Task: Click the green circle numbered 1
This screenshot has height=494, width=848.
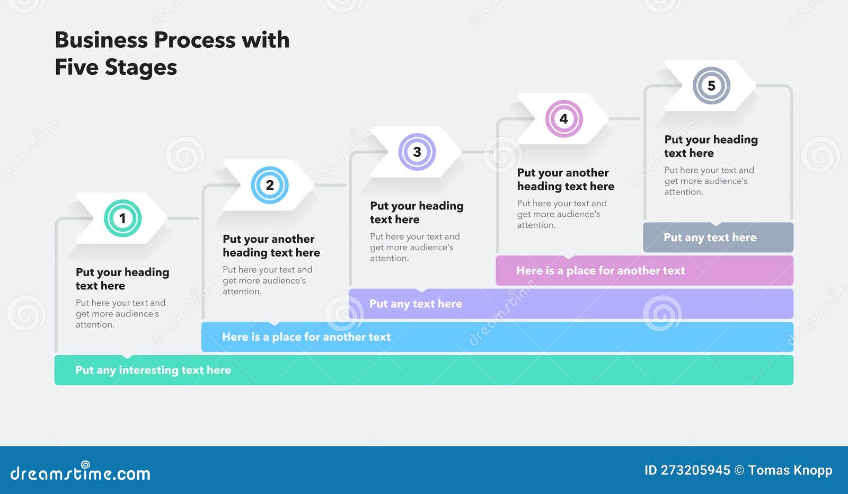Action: click(122, 218)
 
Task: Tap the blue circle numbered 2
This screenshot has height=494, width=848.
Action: click(270, 185)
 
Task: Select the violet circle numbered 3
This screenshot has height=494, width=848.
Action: click(417, 152)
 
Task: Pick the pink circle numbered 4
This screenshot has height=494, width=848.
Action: click(564, 119)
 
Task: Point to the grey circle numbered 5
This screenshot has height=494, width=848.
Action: click(711, 86)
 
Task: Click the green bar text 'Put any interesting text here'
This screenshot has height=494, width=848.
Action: click(153, 370)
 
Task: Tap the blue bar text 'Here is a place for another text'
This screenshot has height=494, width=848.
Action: click(306, 337)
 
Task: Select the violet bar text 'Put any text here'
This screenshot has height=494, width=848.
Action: click(416, 304)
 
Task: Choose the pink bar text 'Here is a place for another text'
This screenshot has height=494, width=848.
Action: click(600, 271)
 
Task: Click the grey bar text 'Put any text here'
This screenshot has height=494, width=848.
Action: click(710, 237)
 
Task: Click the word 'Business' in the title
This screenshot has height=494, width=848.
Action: click(101, 40)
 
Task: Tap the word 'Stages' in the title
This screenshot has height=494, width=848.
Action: click(140, 68)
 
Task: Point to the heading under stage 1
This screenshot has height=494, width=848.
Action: click(122, 279)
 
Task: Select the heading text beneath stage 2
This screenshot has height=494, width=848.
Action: click(271, 246)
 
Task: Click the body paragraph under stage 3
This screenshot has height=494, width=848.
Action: click(414, 247)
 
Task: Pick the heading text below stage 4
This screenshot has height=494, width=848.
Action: click(566, 180)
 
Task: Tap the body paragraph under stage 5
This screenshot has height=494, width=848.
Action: click(709, 181)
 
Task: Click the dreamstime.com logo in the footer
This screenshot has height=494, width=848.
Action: click(80, 472)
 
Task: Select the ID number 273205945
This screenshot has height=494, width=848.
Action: click(695, 470)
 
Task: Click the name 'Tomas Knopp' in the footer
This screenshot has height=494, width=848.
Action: click(790, 470)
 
